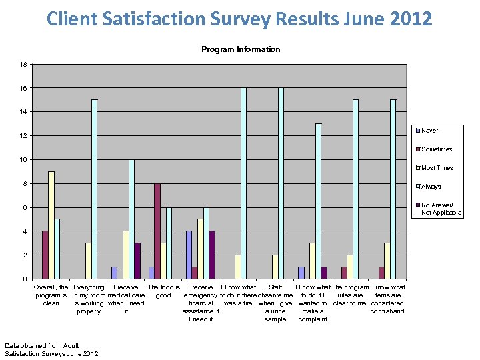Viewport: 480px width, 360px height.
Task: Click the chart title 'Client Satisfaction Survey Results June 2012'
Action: pyautogui.click(x=239, y=18)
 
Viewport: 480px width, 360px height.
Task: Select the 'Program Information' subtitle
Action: pyautogui.click(x=241, y=49)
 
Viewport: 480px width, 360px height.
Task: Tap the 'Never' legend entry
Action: pyautogui.click(x=429, y=131)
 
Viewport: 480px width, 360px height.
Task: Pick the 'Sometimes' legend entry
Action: pyautogui.click(x=437, y=149)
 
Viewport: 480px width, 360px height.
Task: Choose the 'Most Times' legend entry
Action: pyautogui.click(x=437, y=168)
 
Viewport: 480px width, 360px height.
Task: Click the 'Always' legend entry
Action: pyautogui.click(x=431, y=187)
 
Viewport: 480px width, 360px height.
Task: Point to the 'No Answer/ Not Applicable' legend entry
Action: pyautogui.click(x=441, y=209)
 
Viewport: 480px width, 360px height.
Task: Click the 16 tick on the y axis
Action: pyautogui.click(x=23, y=88)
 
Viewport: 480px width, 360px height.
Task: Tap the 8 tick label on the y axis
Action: pyautogui.click(x=25, y=183)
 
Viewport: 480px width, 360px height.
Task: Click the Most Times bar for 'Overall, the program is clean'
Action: pyautogui.click(x=51, y=225)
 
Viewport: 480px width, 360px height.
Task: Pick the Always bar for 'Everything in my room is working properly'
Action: pyautogui.click(x=95, y=189)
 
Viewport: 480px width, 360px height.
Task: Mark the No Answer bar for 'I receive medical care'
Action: pyautogui.click(x=137, y=261)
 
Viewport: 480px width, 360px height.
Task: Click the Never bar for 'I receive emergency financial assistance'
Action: pyautogui.click(x=189, y=255)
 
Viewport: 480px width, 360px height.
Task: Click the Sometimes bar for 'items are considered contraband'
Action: pyautogui.click(x=381, y=273)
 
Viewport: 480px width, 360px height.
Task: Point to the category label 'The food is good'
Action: pyautogui.click(x=163, y=291)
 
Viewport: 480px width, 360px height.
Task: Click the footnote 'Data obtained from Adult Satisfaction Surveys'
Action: pyautogui.click(x=51, y=349)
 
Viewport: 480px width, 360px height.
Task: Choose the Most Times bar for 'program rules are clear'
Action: pyautogui.click(x=350, y=267)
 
